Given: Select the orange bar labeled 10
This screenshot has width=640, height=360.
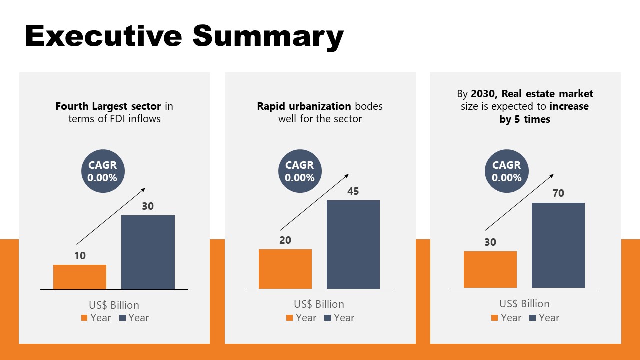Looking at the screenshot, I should (x=80, y=277).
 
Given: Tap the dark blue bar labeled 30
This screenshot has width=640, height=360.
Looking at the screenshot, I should (x=148, y=252).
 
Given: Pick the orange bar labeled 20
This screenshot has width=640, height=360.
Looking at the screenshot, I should (x=285, y=269).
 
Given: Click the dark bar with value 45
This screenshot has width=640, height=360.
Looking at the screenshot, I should (x=353, y=244).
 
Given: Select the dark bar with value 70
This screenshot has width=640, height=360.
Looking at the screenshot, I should (x=558, y=245).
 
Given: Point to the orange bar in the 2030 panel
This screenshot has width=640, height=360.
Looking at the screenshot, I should (x=490, y=269).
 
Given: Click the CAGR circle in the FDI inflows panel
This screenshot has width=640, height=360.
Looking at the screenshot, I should (x=102, y=171).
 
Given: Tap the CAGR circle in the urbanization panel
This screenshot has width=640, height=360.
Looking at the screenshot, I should (x=300, y=171).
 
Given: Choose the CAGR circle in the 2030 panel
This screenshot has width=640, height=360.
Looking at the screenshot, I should (x=506, y=171).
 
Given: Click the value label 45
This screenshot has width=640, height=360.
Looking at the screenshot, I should (x=353, y=191).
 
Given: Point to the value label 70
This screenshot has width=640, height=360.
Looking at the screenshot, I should (x=558, y=193).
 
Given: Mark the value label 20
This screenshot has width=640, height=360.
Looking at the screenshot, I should (x=285, y=240).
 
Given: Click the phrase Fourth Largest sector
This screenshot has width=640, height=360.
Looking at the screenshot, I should (x=108, y=106).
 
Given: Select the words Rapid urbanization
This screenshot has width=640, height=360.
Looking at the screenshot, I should (x=304, y=106).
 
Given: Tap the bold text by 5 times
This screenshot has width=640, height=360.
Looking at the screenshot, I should (x=525, y=119).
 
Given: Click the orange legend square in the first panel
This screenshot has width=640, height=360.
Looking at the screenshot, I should (x=84, y=318).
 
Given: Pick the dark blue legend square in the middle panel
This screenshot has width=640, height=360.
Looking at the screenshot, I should (x=328, y=318).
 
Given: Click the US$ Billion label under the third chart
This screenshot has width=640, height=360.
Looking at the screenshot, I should (x=524, y=304).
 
